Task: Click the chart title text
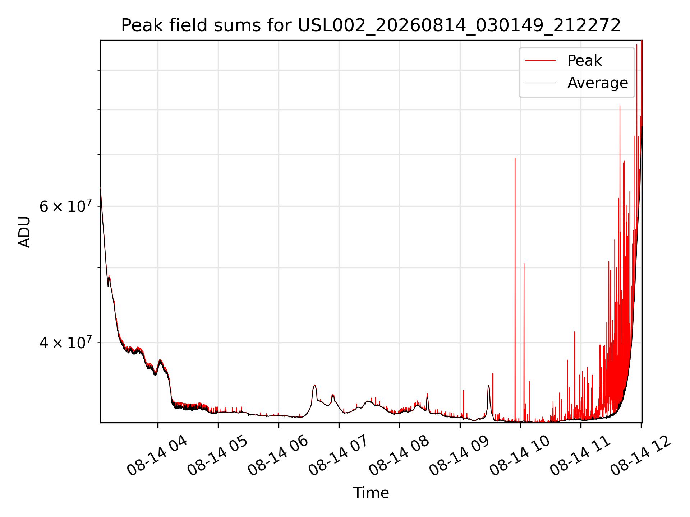tap(371, 25)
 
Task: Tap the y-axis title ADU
tap(24, 232)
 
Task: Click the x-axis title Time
tap(371, 493)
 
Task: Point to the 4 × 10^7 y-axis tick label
tap(65, 343)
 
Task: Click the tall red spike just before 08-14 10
tap(515, 287)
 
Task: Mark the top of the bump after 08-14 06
tap(315, 385)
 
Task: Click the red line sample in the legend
tap(540, 60)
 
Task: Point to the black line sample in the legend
tap(540, 83)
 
